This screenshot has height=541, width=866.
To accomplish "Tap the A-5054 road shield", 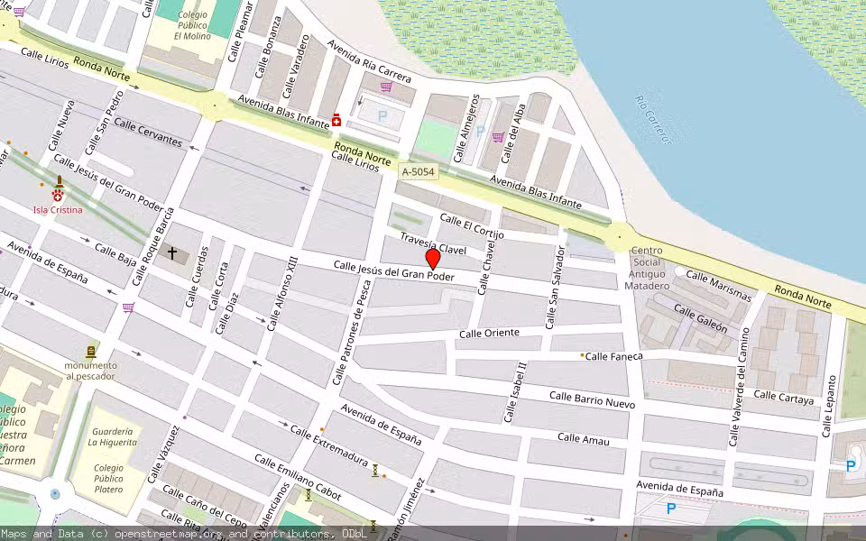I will [419, 171].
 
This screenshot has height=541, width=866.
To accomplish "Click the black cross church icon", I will [171, 253].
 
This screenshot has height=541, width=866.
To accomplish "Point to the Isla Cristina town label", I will [58, 210].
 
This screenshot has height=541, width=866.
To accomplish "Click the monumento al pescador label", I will [90, 371].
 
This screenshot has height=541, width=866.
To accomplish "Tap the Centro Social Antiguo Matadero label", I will [649, 268].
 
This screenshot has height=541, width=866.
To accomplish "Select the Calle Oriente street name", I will [489, 334].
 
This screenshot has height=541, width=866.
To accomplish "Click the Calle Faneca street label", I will [613, 356].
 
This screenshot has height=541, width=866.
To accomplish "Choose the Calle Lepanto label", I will [830, 406].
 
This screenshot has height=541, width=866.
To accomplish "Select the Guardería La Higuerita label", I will [112, 437].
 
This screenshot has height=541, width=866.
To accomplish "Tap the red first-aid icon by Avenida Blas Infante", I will [336, 120].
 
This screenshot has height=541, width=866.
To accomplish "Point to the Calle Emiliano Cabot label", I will [298, 478].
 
